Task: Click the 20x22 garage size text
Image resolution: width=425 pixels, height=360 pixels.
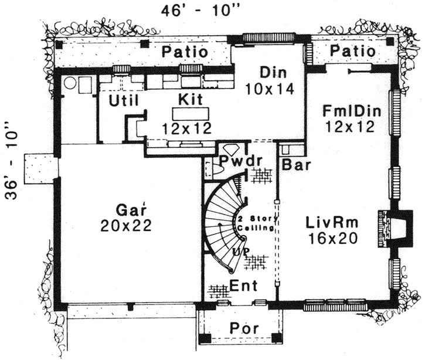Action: coord(130,225)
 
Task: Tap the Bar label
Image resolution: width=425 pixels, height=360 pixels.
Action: coord(295,165)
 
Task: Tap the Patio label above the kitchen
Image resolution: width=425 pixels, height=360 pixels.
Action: coord(185,52)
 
